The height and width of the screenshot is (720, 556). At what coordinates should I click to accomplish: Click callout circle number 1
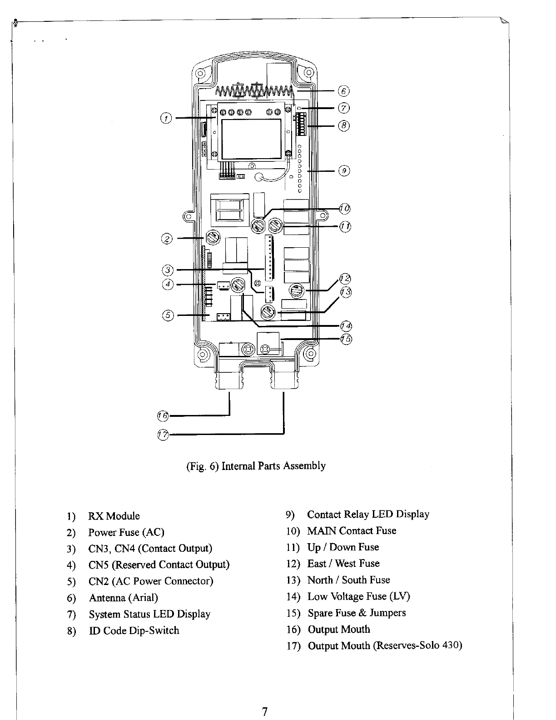tap(166, 119)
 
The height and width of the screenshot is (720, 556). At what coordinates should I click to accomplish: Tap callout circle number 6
tap(344, 91)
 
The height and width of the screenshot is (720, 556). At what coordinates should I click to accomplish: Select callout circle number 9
tap(344, 171)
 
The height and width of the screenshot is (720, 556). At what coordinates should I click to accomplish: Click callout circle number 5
tap(167, 315)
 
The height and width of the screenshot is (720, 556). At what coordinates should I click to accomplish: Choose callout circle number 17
tap(162, 435)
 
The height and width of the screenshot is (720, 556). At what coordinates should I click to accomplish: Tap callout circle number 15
tap(347, 339)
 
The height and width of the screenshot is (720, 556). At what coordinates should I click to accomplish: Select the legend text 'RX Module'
tap(114, 516)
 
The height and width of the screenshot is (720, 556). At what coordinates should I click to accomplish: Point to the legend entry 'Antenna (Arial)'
tap(124, 598)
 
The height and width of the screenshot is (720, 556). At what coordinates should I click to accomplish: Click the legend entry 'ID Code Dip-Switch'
tap(134, 631)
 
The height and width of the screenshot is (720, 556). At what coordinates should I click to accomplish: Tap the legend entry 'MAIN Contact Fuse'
tap(352, 531)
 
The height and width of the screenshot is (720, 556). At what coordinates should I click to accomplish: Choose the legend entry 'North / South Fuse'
tap(348, 580)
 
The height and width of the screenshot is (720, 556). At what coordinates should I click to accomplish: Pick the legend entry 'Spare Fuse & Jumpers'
tap(357, 613)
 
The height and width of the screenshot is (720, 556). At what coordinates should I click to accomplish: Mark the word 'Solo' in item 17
tap(431, 646)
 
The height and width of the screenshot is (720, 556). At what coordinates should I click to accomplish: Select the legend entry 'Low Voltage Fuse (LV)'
tap(358, 596)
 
